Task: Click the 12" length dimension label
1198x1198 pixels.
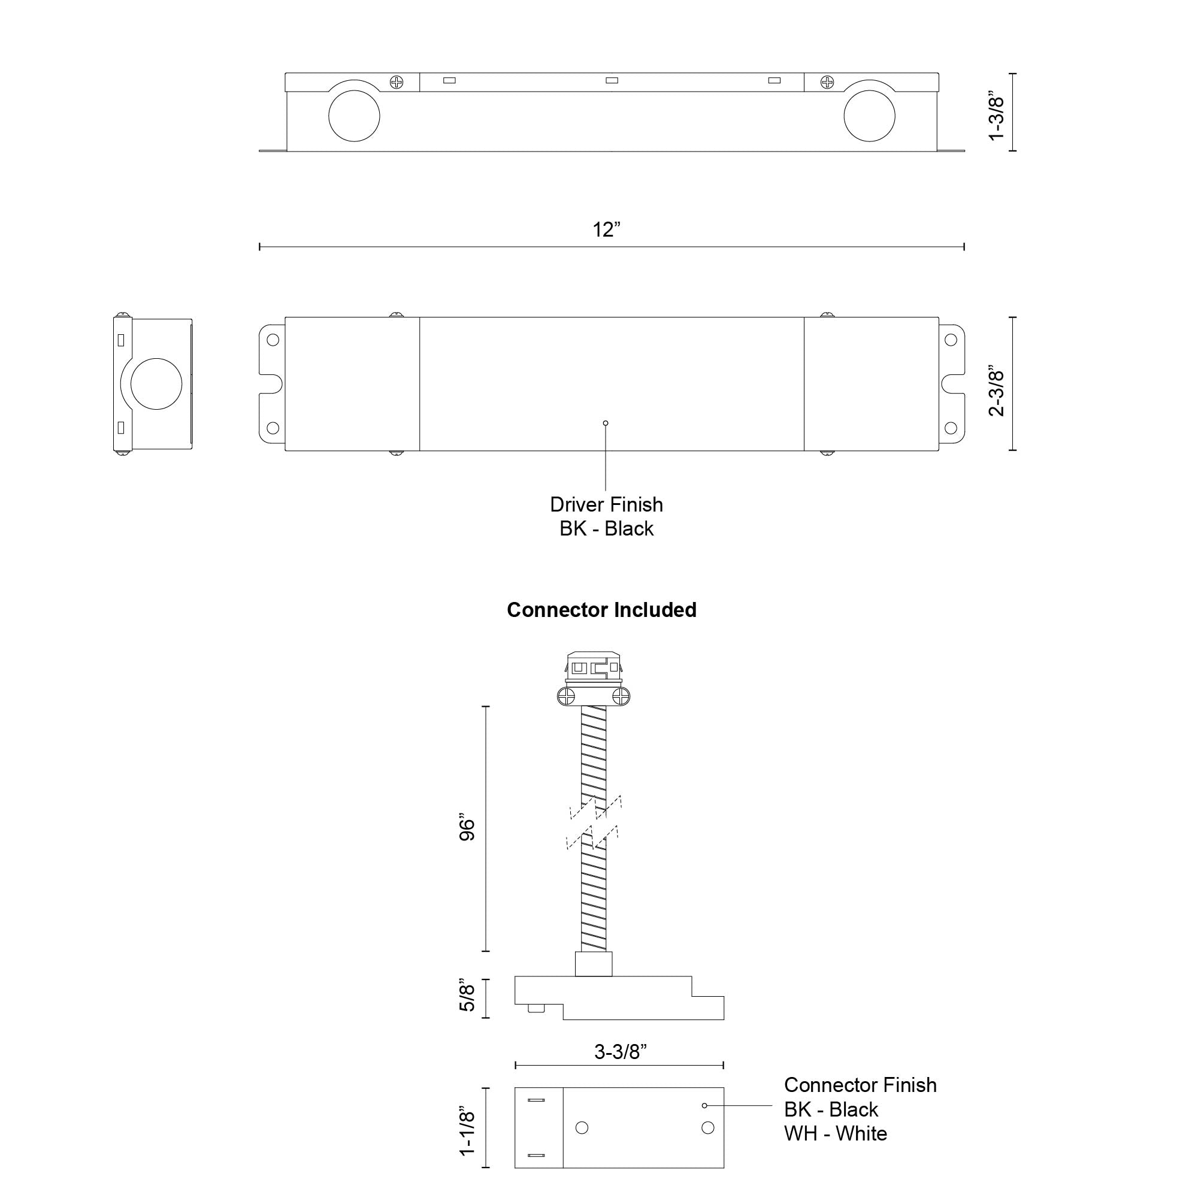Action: tap(606, 229)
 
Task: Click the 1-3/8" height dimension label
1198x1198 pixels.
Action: tap(997, 119)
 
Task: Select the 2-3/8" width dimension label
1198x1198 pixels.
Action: tap(997, 392)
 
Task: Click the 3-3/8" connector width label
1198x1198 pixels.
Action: tap(620, 1052)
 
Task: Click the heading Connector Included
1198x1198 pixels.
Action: tap(601, 610)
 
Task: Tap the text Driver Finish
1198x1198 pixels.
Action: tap(606, 505)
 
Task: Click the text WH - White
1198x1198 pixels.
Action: tap(834, 1133)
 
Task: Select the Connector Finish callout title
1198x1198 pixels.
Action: tap(860, 1085)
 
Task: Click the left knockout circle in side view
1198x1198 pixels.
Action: tap(354, 116)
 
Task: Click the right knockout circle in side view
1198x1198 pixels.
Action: tap(869, 116)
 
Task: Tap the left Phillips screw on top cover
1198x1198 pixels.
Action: tap(396, 82)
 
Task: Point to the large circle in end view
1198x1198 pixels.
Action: tap(156, 384)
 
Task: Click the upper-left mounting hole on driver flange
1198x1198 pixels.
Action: tap(272, 340)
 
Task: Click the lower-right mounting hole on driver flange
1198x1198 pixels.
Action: tap(950, 428)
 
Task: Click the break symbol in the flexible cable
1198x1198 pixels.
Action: tap(594, 822)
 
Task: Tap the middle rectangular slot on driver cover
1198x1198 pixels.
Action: tap(612, 80)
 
